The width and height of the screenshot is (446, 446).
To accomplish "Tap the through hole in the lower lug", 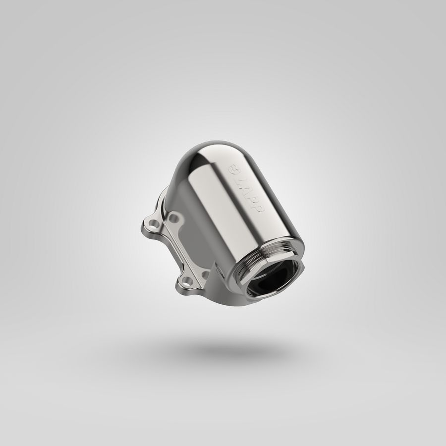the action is (186, 282).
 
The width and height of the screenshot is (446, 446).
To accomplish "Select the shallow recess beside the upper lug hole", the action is (174, 219).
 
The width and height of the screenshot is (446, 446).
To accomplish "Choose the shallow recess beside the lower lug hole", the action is (206, 275).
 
